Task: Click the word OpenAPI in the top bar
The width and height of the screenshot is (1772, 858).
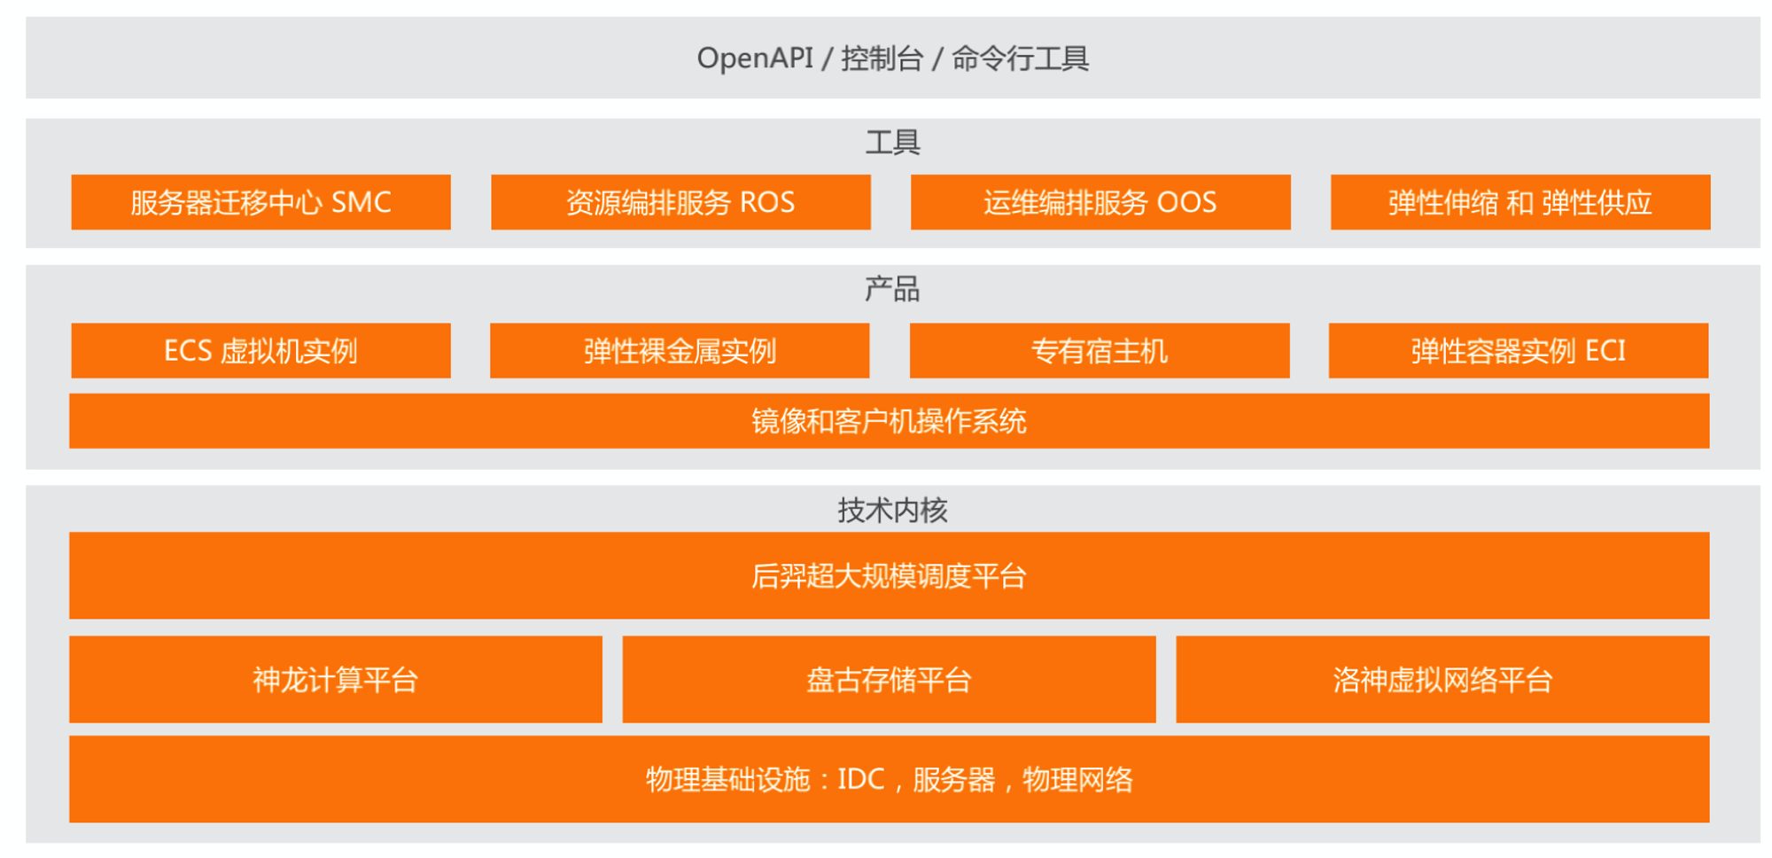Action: point(755,58)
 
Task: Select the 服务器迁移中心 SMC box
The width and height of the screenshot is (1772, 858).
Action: point(260,202)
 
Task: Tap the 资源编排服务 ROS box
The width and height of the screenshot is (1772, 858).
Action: point(680,202)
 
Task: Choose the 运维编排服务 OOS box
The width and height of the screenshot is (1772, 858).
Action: point(1100,202)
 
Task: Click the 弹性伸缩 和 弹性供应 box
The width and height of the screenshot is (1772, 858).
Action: point(1520,202)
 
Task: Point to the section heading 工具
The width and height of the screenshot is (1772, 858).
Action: point(893,142)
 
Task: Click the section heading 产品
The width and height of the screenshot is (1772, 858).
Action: point(892,289)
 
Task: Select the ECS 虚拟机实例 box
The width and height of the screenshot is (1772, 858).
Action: point(260,350)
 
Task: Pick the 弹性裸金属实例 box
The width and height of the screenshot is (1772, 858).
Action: point(680,350)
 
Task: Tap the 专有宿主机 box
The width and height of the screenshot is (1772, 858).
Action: point(1100,350)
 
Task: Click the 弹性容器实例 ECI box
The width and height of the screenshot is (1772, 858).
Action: point(1519,350)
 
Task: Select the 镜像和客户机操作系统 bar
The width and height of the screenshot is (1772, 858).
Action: point(890,421)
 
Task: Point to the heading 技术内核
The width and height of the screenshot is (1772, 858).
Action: point(893,510)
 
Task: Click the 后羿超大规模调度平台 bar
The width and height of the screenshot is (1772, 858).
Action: point(890,575)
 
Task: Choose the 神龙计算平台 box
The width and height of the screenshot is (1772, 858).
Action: point(336,679)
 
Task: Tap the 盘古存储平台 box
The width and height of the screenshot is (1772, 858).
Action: point(890,679)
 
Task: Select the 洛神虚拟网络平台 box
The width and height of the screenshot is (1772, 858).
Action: point(1442,679)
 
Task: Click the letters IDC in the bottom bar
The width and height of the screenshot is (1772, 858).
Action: point(861,779)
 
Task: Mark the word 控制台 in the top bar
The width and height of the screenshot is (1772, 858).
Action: point(882,58)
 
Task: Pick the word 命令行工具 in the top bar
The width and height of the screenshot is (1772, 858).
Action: point(1021,58)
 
